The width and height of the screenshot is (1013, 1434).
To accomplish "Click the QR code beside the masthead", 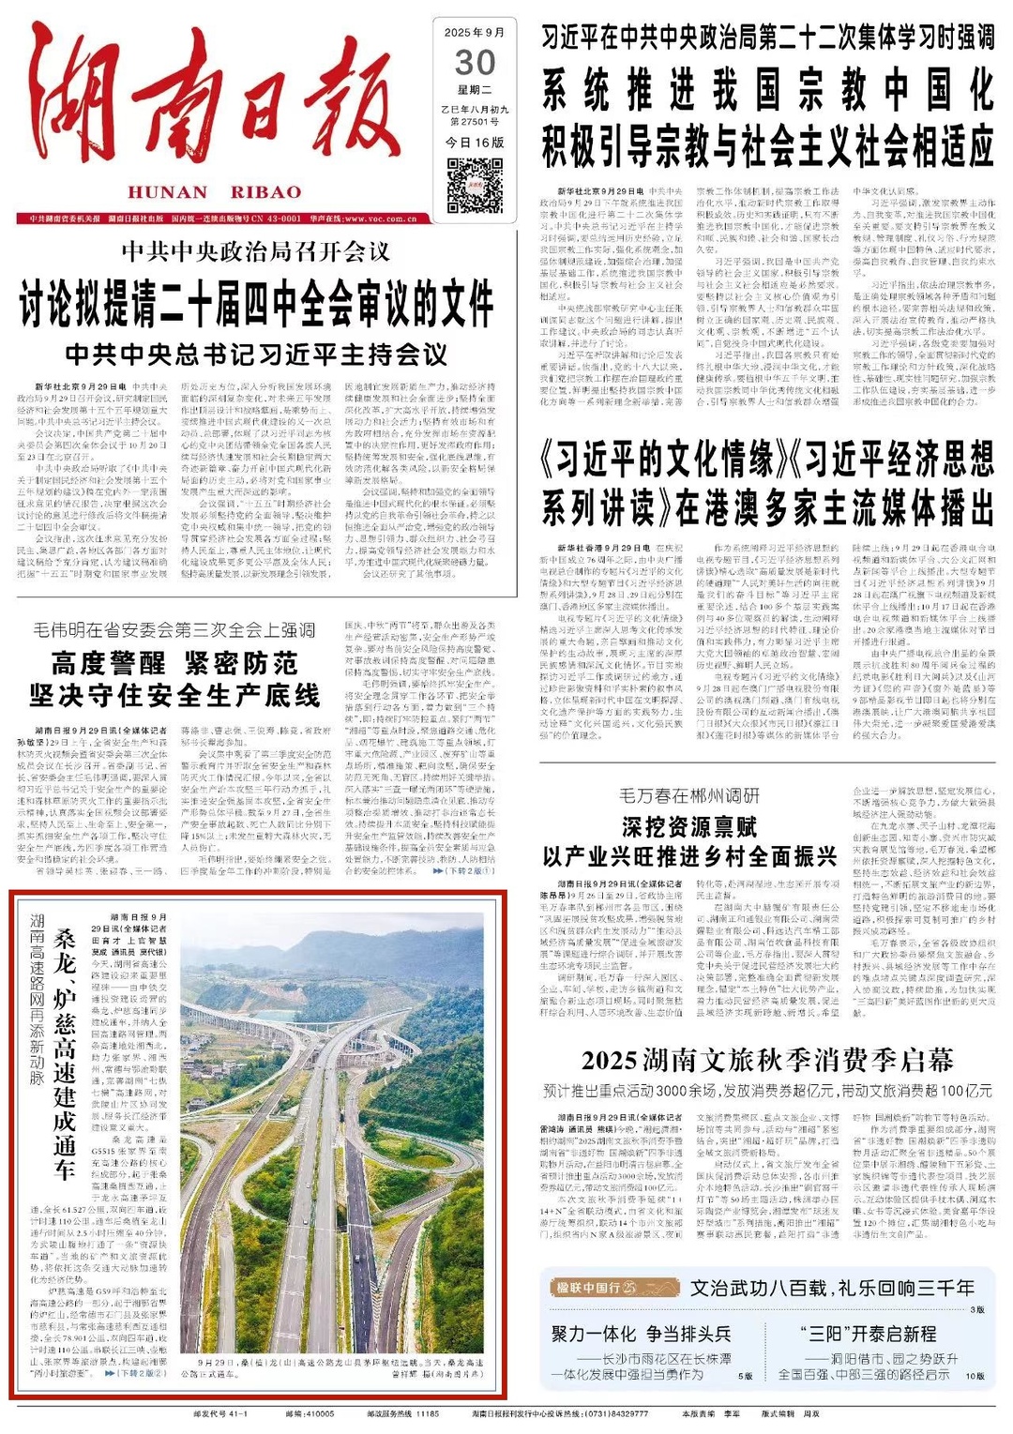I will click(x=476, y=185).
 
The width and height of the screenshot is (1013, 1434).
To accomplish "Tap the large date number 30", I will click(x=476, y=63).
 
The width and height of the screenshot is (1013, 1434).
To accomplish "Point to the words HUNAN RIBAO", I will click(x=215, y=192).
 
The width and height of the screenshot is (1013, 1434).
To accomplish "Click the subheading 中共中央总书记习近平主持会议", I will click(x=256, y=355).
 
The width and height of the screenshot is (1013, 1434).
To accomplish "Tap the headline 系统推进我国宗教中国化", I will click(x=767, y=91).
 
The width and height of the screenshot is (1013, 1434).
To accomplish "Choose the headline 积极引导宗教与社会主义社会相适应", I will click(x=767, y=145).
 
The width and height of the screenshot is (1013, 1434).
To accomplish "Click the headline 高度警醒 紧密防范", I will click(x=174, y=664).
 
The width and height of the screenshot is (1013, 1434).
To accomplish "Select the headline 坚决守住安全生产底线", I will click(x=174, y=696).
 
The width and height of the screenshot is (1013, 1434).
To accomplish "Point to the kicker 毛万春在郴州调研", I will click(x=689, y=795).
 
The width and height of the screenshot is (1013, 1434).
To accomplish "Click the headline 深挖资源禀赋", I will click(x=689, y=826).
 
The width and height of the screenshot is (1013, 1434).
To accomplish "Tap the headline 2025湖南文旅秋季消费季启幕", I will click(x=766, y=1061).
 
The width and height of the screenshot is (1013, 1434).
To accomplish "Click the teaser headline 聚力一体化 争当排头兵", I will click(x=641, y=1334).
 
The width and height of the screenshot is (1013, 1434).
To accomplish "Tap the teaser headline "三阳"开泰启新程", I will click(x=868, y=1334).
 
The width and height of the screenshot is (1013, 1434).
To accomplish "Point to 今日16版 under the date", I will click(x=476, y=142).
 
